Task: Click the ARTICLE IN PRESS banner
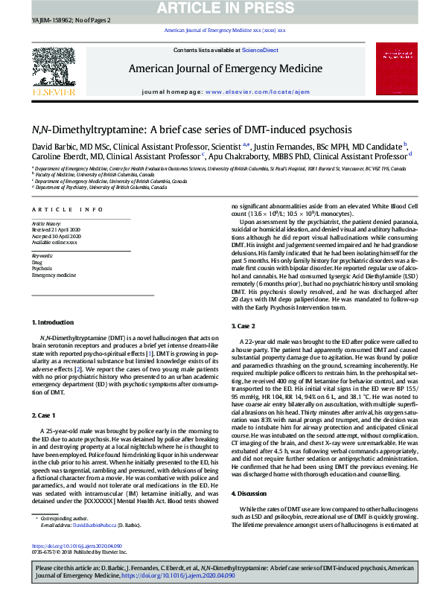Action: (221, 8)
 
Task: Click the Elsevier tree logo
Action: (54, 70)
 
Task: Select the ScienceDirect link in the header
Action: (260, 50)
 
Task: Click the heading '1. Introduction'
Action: (54, 322)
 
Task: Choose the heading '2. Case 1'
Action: (46, 415)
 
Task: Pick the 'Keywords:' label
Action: (42, 255)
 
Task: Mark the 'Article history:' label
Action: (46, 223)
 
